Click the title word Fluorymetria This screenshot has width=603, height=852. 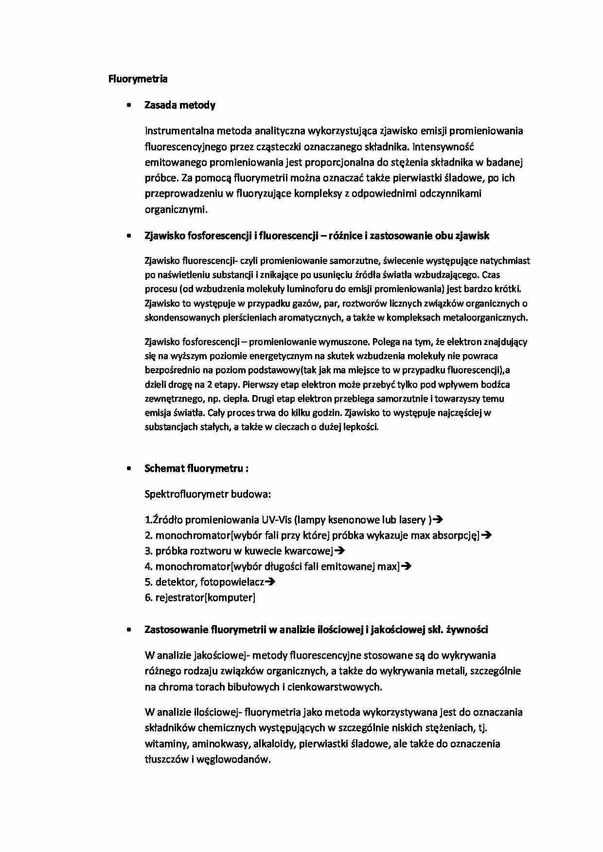[x=138, y=79]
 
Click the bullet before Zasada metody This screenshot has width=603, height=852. [x=128, y=105]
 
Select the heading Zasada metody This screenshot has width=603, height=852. [x=180, y=105]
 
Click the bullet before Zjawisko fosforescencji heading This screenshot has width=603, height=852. [x=128, y=236]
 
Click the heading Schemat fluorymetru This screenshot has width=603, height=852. [x=196, y=469]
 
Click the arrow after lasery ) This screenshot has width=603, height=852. [x=438, y=520]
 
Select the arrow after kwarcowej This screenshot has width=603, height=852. [x=340, y=551]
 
